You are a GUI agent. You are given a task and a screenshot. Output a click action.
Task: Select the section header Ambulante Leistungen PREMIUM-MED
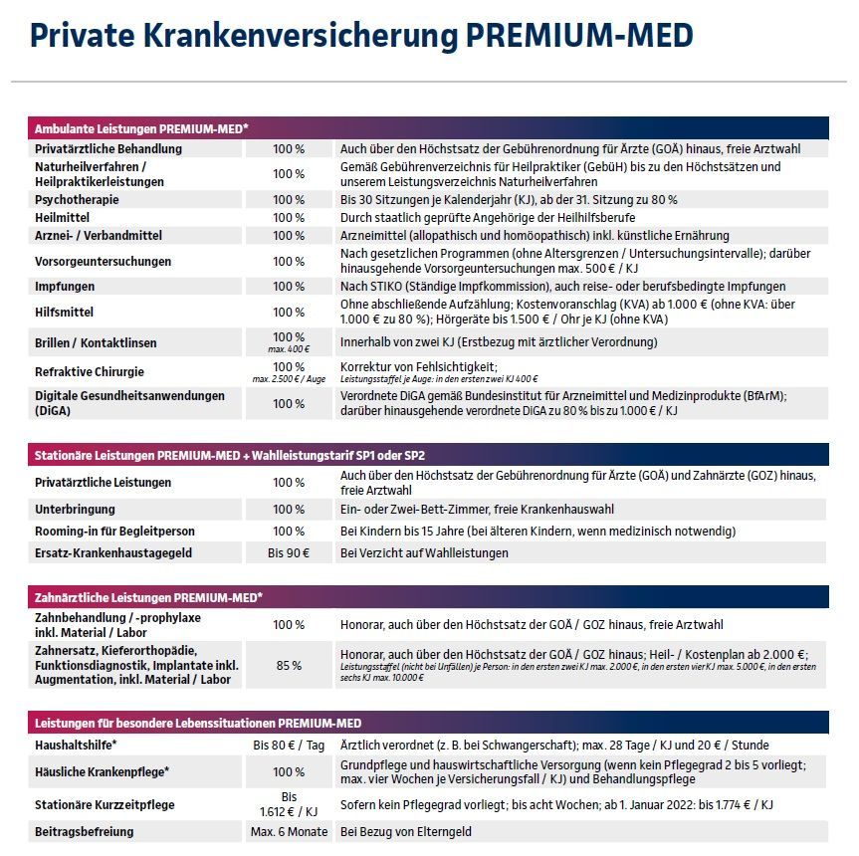pyautogui.click(x=141, y=129)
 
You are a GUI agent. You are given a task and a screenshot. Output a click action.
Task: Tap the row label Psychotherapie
pyautogui.click(x=78, y=199)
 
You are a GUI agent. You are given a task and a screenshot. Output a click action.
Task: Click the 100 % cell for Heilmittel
pyautogui.click(x=289, y=217)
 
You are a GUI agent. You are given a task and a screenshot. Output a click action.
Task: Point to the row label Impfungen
pyautogui.click(x=66, y=287)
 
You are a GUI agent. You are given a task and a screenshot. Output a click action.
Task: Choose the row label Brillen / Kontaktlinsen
pyautogui.click(x=96, y=342)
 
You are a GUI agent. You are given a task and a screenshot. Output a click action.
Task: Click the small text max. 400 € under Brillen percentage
pyautogui.click(x=289, y=350)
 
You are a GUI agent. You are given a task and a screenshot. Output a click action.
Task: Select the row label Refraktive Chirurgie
pyautogui.click(x=90, y=371)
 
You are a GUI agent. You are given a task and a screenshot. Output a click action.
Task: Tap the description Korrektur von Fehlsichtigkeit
pyautogui.click(x=418, y=366)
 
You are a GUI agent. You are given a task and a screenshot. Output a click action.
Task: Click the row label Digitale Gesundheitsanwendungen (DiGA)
pyautogui.click(x=129, y=402)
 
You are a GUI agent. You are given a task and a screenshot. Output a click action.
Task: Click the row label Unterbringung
pyautogui.click(x=75, y=509)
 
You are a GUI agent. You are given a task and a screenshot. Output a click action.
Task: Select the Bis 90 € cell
pyautogui.click(x=289, y=552)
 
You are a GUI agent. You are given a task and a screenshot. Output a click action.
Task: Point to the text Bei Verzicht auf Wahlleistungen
pyautogui.click(x=424, y=552)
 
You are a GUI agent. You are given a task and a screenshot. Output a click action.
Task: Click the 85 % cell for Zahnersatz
pyautogui.click(x=289, y=665)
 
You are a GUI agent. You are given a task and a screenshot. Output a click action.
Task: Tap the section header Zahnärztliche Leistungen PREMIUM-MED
pyautogui.click(x=148, y=597)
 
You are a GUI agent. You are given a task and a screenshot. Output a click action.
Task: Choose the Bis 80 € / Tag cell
pyautogui.click(x=289, y=745)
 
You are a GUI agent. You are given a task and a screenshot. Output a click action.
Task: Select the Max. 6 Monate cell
pyautogui.click(x=289, y=831)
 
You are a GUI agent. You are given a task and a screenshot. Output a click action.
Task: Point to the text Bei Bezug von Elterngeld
pyautogui.click(x=406, y=831)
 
